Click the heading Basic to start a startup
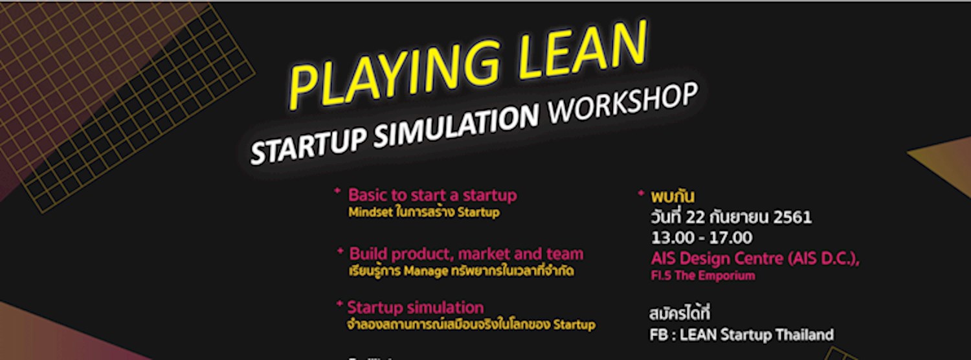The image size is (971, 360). tap(432, 195)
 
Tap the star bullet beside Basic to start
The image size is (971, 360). tap(337, 191)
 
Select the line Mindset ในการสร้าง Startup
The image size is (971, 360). tap(423, 212)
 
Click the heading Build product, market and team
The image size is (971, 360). tap(466, 254)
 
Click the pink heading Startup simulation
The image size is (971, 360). tap(416, 307)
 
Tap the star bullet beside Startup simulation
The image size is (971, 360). tap(339, 303)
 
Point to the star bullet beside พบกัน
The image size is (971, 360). tap(641, 193)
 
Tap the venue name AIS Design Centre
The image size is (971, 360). tap(718, 258)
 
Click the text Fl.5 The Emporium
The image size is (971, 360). tap(703, 276)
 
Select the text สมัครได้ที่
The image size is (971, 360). tap(679, 315)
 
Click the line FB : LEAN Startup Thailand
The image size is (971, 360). tap(741, 335)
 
